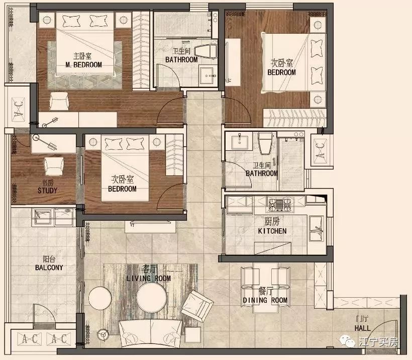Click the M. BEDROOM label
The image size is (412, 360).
pyautogui.click(x=83, y=65)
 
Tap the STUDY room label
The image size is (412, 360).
pyautogui.click(x=47, y=191)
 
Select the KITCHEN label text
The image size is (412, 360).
pyautogui.click(x=272, y=231)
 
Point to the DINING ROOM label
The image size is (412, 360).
pyautogui.click(x=265, y=300)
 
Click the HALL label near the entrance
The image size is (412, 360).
pyautogui.click(x=363, y=328)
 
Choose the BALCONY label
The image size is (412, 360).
pyautogui.click(x=49, y=267)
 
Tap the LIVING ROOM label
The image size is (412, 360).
pyautogui.click(x=148, y=278)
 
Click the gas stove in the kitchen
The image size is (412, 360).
pyautogui.click(x=279, y=204)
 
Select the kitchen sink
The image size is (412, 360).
pyautogui.click(x=317, y=228)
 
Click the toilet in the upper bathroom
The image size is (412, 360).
pyautogui.click(x=205, y=51)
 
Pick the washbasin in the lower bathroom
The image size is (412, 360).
pyautogui.click(x=239, y=141)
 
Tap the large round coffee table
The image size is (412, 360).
pyautogui.click(x=152, y=298)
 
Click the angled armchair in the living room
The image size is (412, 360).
pyautogui.click(x=197, y=306)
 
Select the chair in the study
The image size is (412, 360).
pyautogui.click(x=54, y=166)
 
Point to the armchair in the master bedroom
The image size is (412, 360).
pyautogui.click(x=59, y=101)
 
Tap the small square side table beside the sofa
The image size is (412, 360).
pyautogui.click(x=193, y=335)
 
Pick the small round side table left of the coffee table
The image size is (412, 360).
pyautogui.click(x=100, y=299)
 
